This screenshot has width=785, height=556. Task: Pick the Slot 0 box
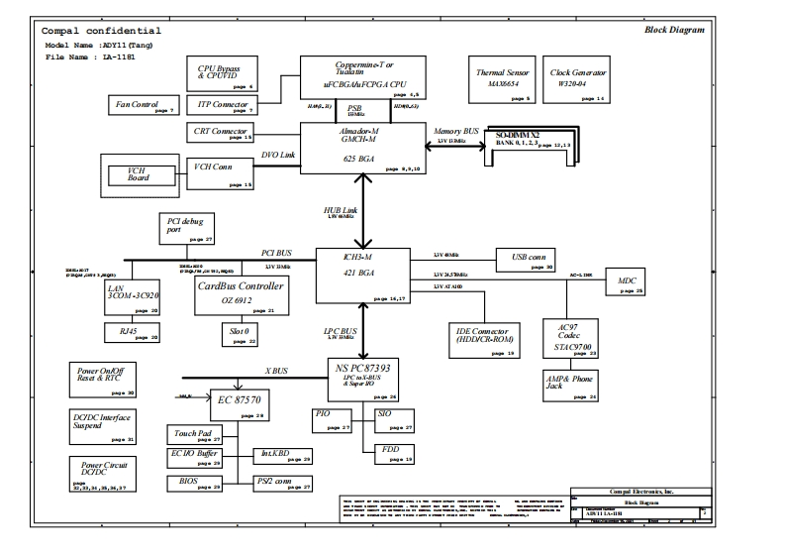[x=241, y=334]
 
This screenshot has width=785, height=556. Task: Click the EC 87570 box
[x=238, y=404]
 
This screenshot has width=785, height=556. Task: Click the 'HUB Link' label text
[x=342, y=211]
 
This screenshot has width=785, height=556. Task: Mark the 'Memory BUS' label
[x=456, y=131]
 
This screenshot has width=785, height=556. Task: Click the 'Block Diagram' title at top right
[x=674, y=30]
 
